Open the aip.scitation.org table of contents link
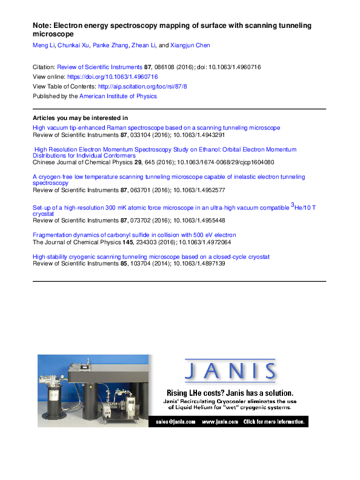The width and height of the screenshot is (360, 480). [x=142, y=87]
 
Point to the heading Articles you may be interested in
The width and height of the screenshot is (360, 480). [x=79, y=118]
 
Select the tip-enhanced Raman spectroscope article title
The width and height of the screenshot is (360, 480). [x=156, y=128]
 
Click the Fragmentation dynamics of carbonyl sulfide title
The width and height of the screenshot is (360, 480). [x=134, y=235]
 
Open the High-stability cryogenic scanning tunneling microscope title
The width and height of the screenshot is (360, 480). [x=150, y=257]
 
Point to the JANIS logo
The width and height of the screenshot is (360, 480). [x=230, y=371]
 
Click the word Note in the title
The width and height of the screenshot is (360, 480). [x=41, y=26]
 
